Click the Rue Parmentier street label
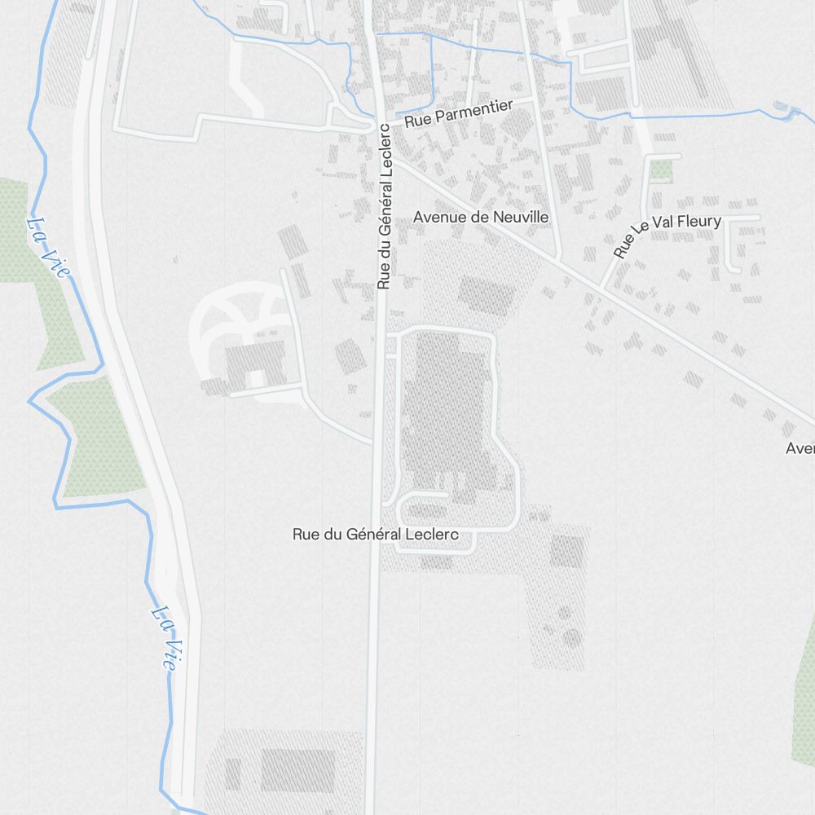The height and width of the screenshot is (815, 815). point(459,113)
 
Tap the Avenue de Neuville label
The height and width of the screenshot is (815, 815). point(481,218)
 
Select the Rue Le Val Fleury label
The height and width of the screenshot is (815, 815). point(667,234)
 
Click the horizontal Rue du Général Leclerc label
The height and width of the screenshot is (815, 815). point(376,535)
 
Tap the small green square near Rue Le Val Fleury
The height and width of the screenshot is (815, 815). point(661,170)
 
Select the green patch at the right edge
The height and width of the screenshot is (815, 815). point(804,693)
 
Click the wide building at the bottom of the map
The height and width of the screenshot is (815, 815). point(297,770)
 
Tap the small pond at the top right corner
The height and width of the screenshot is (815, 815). point(782,107)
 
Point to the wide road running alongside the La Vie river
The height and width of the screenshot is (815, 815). point(134,407)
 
